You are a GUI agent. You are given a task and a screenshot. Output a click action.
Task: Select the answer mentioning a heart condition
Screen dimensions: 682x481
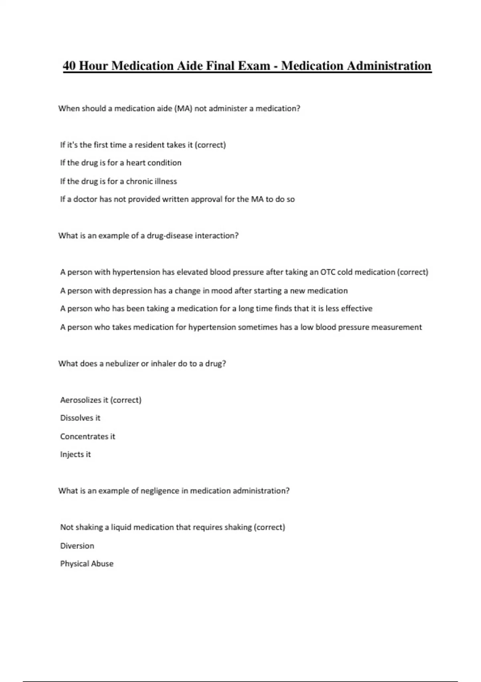pyautogui.click(x=121, y=163)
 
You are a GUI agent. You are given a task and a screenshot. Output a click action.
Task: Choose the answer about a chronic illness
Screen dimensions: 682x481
pyautogui.click(x=118, y=181)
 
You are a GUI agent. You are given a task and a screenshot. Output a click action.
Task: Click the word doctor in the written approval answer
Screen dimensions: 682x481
pyautogui.click(x=85, y=199)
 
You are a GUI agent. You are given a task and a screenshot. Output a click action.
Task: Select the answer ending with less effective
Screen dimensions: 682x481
pyautogui.click(x=216, y=309)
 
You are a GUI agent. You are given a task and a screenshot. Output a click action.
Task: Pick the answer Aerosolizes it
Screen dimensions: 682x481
pyautogui.click(x=101, y=400)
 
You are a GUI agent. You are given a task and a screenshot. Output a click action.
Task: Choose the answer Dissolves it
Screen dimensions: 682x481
pyautogui.click(x=80, y=418)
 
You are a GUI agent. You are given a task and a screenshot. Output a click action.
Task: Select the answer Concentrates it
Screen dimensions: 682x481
pyautogui.click(x=87, y=436)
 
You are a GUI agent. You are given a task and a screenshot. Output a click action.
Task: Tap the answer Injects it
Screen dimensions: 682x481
pyautogui.click(x=75, y=455)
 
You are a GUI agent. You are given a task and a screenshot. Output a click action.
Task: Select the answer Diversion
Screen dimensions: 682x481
pyautogui.click(x=77, y=546)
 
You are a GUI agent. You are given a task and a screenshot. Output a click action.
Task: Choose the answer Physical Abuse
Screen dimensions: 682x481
pyautogui.click(x=87, y=564)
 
